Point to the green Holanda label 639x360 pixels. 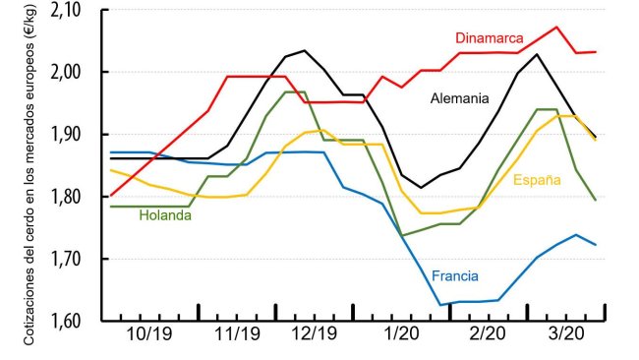pyautogui.click(x=165, y=215)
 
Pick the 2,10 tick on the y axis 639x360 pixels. pyautogui.click(x=74, y=10)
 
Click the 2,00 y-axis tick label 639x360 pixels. pyautogui.click(x=74, y=73)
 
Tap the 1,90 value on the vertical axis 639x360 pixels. pyautogui.click(x=74, y=135)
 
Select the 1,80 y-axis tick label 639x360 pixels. pyautogui.click(x=74, y=197)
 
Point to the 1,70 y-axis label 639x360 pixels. pyautogui.click(x=74, y=259)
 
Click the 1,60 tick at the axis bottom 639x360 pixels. pyautogui.click(x=74, y=321)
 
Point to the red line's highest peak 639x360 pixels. pyautogui.click(x=556, y=27)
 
